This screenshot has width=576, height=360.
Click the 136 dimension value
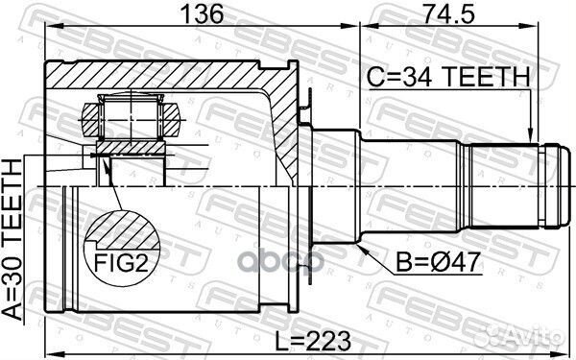202,14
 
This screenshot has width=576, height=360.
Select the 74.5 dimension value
448,14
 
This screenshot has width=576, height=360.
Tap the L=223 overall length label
313,341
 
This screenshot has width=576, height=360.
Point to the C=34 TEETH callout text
448,77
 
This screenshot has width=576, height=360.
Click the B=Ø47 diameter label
439,262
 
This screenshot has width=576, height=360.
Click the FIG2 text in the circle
121,263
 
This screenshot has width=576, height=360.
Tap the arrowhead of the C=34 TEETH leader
530,135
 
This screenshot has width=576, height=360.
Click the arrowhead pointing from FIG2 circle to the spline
107,164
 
